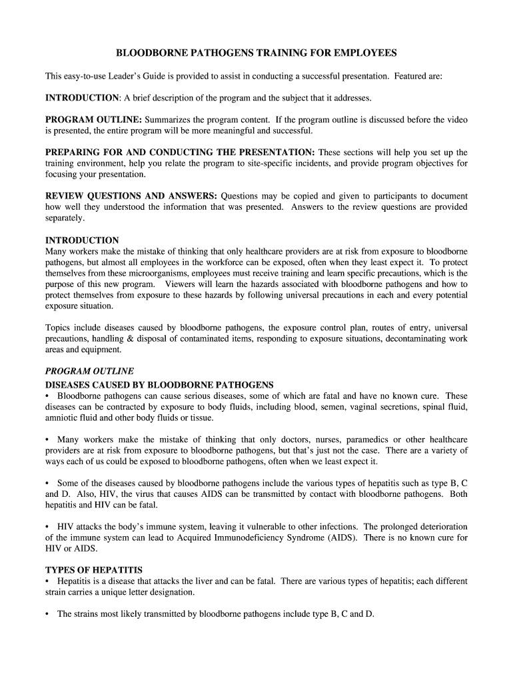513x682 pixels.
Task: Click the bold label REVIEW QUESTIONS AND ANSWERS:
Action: [x=131, y=196]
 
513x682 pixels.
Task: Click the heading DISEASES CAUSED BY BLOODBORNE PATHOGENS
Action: [x=159, y=385]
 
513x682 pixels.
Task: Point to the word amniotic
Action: [x=61, y=418]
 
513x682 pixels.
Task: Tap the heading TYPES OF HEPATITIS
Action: [x=94, y=570]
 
